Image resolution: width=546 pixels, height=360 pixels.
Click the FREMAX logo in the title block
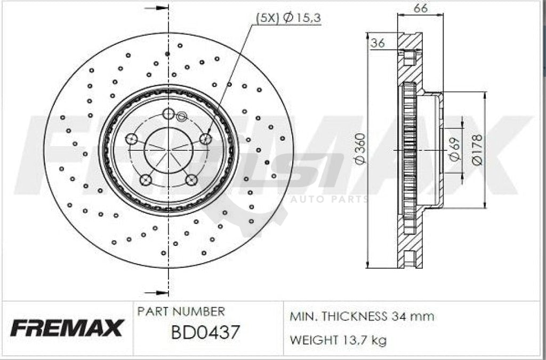pos(67,327)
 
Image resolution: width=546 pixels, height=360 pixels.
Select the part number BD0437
pos(205,333)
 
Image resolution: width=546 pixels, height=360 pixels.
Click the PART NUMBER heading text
pos(181,311)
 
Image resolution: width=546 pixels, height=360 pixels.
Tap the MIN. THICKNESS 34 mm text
pos(362,316)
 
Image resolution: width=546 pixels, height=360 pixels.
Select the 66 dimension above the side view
pos(421,8)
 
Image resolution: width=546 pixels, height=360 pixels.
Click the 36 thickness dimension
pos(378,44)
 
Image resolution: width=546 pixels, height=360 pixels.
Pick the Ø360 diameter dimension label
pos(360,149)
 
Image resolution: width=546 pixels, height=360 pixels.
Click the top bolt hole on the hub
pos(168,113)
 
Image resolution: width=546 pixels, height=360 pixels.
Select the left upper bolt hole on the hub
pos(131,139)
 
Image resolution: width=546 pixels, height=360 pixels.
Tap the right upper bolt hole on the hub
pos(205,139)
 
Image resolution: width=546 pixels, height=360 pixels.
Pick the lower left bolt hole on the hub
pos(146,180)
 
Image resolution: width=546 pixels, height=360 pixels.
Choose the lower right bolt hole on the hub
pos(191,180)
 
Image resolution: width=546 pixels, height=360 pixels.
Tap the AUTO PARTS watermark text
pos(329,199)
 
